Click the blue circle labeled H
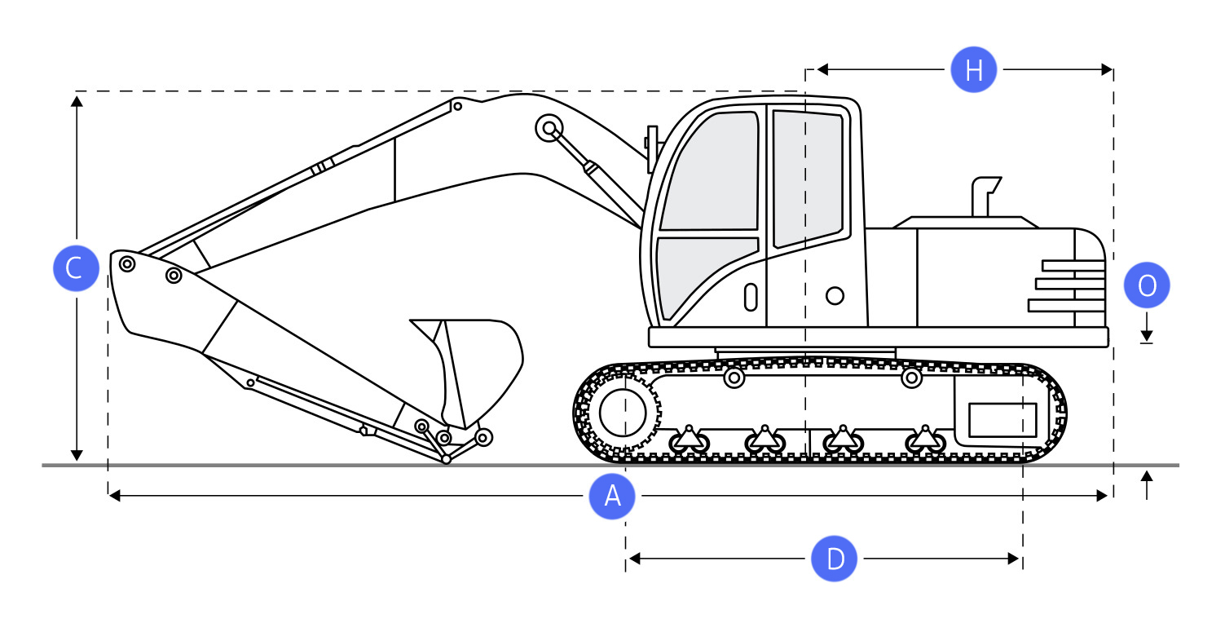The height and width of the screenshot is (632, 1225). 973,71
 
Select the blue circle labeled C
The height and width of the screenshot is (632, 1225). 75,267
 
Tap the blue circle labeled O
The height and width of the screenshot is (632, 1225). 1146,285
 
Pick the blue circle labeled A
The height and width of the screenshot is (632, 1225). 612,496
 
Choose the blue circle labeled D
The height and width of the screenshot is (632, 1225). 835,559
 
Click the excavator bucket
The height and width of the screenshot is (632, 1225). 481,359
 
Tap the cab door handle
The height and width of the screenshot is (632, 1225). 751,297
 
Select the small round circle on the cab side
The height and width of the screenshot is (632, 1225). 835,295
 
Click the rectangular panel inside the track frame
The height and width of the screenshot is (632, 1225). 1002,420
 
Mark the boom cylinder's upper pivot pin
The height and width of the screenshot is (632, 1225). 548,128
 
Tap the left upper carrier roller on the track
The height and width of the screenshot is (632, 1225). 734,378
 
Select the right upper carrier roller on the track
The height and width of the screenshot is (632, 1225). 911,378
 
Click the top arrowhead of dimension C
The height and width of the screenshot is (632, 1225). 77,100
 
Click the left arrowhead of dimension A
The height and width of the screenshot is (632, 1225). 114,496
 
